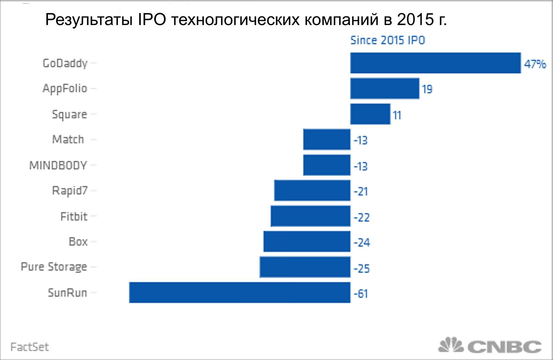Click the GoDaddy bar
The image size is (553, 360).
tap(435, 63)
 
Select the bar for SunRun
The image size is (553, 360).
tap(240, 293)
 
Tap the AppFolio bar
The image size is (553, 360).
tap(385, 88)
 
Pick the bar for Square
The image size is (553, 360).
tap(370, 114)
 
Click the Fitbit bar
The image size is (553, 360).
tap(311, 216)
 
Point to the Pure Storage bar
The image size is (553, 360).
tap(305, 267)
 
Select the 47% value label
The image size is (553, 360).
tap(535, 63)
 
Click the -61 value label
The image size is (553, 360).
tap(361, 294)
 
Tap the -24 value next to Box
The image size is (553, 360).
tap(362, 242)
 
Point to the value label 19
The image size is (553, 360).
tap(427, 89)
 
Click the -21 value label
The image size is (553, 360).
tap(361, 191)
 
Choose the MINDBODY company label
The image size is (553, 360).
tap(58, 165)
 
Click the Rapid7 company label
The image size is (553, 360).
tap(69, 191)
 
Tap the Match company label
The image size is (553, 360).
tap(68, 139)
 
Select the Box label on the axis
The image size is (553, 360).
tap(78, 241)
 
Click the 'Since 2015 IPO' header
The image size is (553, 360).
tap(387, 40)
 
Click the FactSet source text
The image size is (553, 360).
tap(30, 347)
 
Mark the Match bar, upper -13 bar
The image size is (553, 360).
tap(327, 140)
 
